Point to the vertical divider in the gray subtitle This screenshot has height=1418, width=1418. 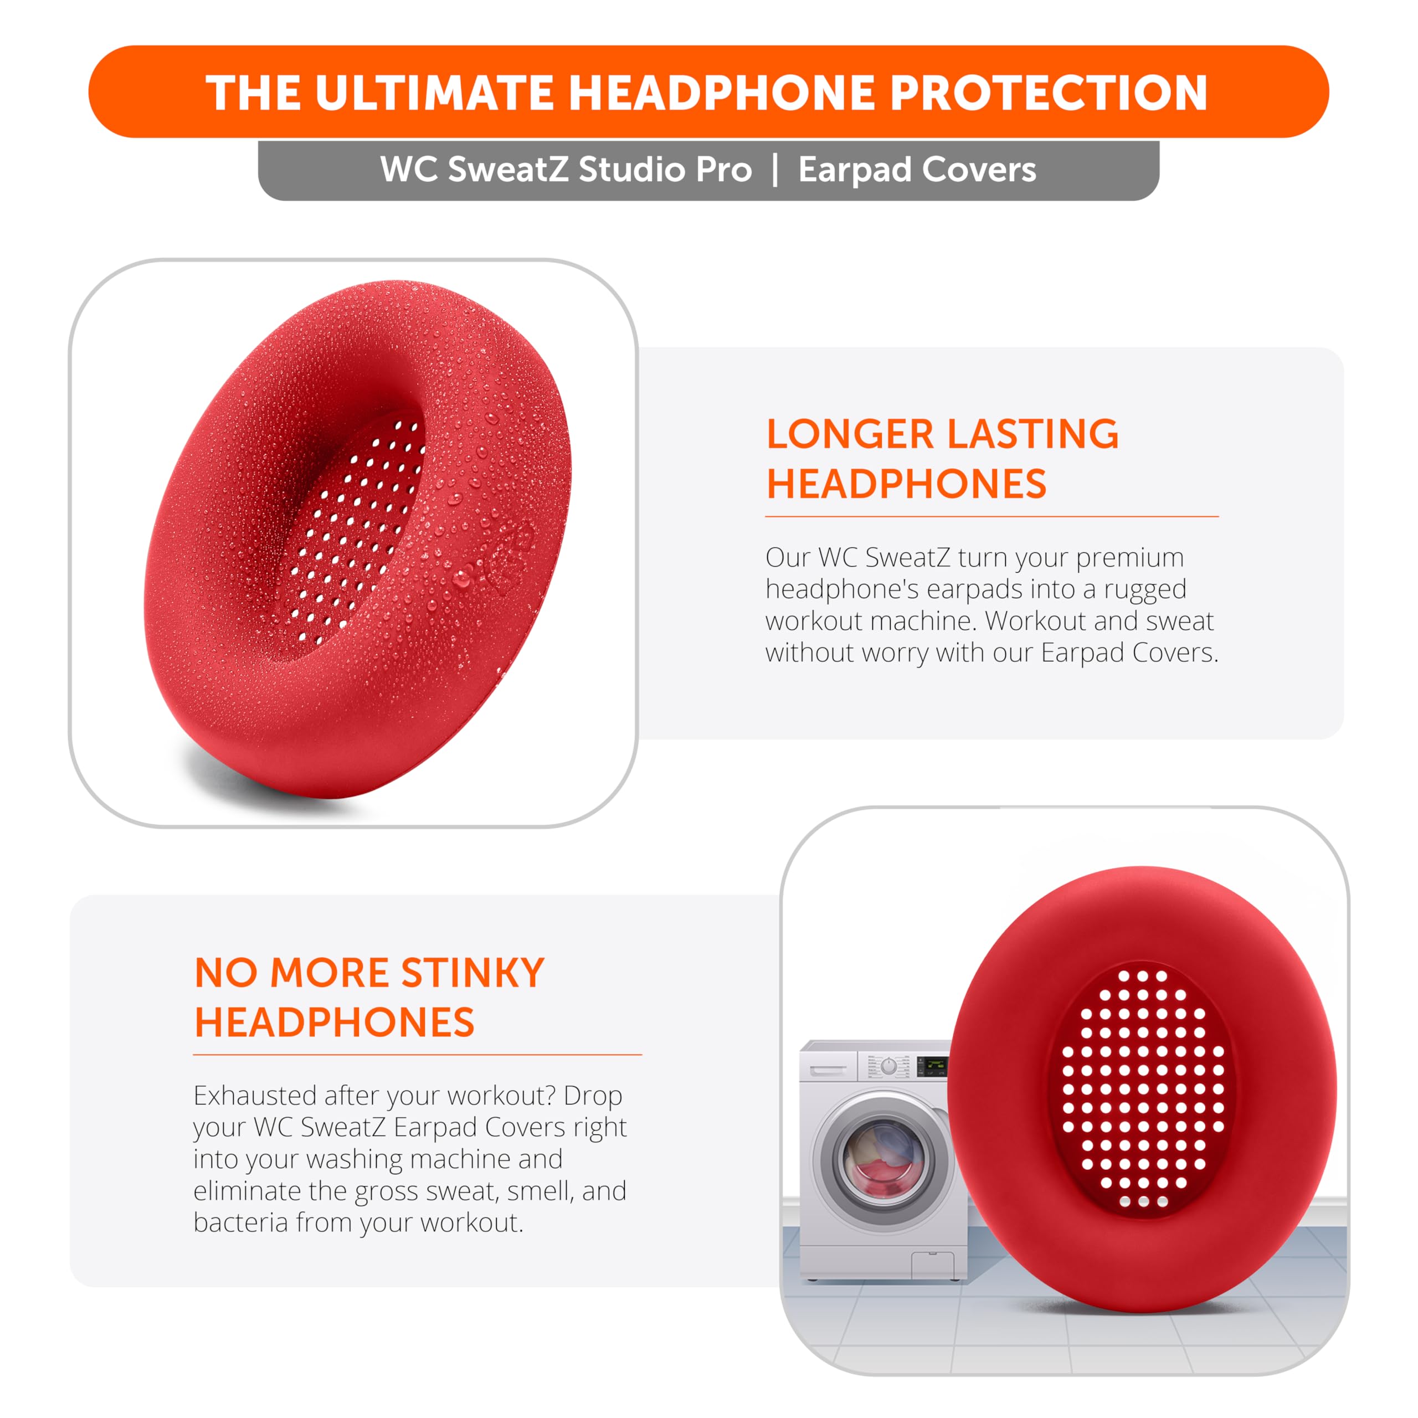pos(775,170)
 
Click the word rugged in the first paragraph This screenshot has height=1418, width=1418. pos(1145,589)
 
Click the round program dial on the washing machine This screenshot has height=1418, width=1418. pos(888,1066)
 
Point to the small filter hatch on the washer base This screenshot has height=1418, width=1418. pos(932,1265)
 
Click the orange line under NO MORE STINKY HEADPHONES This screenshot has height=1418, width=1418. pos(418,1055)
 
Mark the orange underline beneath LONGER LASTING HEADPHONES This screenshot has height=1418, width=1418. pos(991,517)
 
